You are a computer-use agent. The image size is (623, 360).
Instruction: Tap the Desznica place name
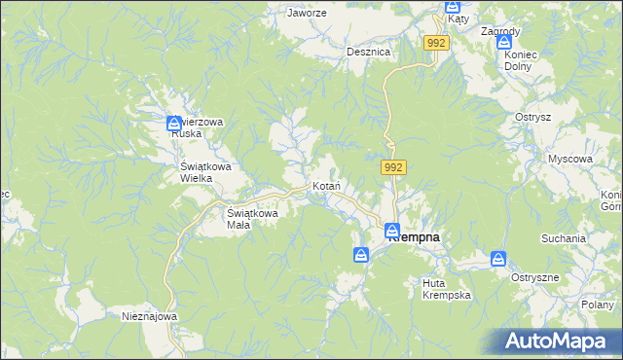(x=369, y=52)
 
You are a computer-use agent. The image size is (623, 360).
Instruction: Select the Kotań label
(x=325, y=185)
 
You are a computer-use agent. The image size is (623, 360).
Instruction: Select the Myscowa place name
(x=570, y=158)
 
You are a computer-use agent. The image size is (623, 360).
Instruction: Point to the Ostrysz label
(x=532, y=117)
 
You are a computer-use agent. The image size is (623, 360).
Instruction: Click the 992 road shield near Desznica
(x=436, y=43)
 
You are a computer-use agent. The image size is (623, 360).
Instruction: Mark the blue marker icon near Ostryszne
(x=497, y=259)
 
